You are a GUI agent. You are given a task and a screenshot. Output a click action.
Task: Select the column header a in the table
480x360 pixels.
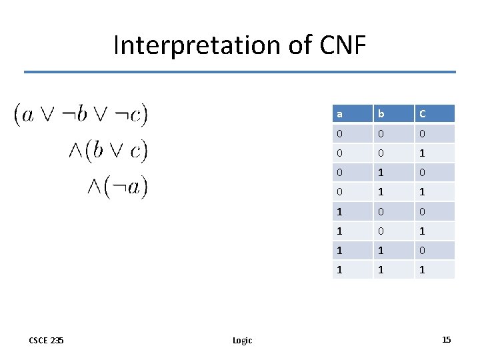[340, 114]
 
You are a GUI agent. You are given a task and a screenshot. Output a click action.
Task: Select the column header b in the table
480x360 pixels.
[380, 114]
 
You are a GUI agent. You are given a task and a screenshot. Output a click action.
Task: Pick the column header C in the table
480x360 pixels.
[422, 114]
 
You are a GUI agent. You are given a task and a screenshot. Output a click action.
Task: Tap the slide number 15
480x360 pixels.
[446, 340]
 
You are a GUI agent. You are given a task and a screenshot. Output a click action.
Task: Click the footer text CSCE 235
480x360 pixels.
[47, 340]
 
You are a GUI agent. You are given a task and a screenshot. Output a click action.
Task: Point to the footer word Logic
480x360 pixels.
[242, 340]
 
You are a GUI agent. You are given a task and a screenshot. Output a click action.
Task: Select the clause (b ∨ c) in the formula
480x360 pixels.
[117, 150]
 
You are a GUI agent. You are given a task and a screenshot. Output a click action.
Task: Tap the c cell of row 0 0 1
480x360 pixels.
[422, 153]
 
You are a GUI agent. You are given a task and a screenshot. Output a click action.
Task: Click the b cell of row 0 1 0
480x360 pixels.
[380, 173]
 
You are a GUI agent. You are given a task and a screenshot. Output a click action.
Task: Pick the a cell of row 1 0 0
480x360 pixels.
[340, 211]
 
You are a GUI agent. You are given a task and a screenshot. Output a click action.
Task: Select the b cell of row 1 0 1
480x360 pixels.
[380, 231]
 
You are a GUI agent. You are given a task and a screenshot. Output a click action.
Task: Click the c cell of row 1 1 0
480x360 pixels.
[422, 250]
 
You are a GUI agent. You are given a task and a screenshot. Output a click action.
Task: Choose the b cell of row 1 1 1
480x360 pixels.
[380, 269]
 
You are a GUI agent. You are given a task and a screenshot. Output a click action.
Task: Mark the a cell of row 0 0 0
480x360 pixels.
[340, 134]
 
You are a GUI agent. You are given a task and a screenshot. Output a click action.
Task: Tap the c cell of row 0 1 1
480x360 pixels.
[422, 192]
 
